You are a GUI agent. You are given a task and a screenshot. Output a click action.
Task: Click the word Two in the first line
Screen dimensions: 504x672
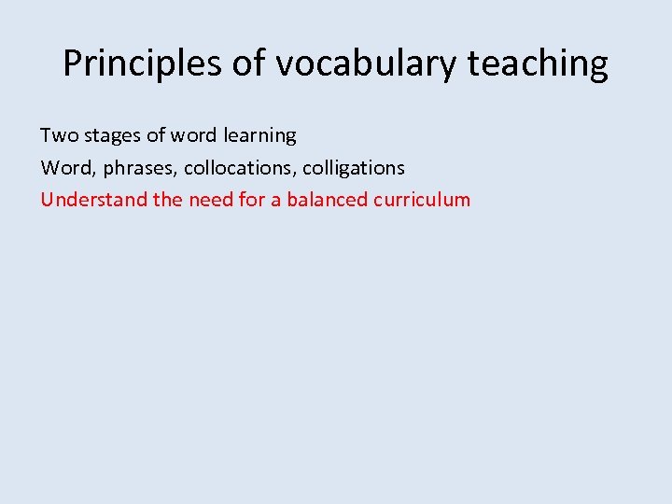(x=60, y=135)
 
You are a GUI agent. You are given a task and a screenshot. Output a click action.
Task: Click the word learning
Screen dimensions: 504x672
(x=260, y=135)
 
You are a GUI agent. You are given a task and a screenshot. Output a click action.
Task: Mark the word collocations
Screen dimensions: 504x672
(x=240, y=168)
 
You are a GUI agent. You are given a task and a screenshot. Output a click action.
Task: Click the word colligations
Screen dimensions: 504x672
(x=354, y=168)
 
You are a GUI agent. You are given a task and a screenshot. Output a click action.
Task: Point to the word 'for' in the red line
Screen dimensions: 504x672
(x=252, y=200)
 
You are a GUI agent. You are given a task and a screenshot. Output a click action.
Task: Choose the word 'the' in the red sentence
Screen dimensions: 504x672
(x=168, y=200)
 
